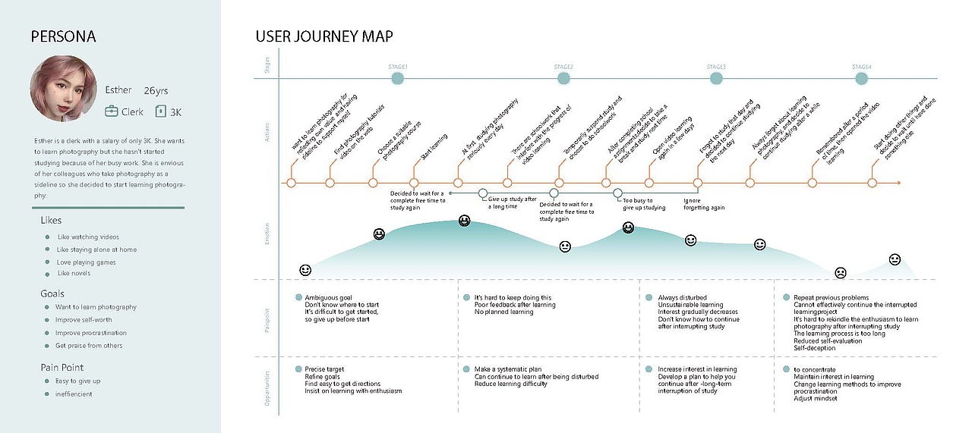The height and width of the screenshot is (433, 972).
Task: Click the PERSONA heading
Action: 63,37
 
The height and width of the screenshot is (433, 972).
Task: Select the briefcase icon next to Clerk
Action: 112,111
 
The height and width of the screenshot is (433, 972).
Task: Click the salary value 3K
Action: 175,112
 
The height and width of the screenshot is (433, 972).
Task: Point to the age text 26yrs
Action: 156,91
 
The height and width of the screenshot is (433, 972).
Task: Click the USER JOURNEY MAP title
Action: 324,37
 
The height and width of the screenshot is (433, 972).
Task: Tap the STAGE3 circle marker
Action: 716,77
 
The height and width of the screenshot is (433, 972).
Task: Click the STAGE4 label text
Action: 862,67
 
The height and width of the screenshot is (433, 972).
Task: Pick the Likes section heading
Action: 51,220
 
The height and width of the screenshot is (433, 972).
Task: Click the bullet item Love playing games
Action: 87,262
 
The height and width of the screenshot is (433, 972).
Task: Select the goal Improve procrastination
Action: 91,333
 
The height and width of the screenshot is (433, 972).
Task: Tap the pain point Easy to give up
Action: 78,381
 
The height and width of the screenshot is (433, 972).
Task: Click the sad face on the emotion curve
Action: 841,272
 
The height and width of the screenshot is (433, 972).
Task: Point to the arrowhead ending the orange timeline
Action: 898,183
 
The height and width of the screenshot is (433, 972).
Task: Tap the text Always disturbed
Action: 682,298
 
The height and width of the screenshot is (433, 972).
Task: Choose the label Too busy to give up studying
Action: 644,204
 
